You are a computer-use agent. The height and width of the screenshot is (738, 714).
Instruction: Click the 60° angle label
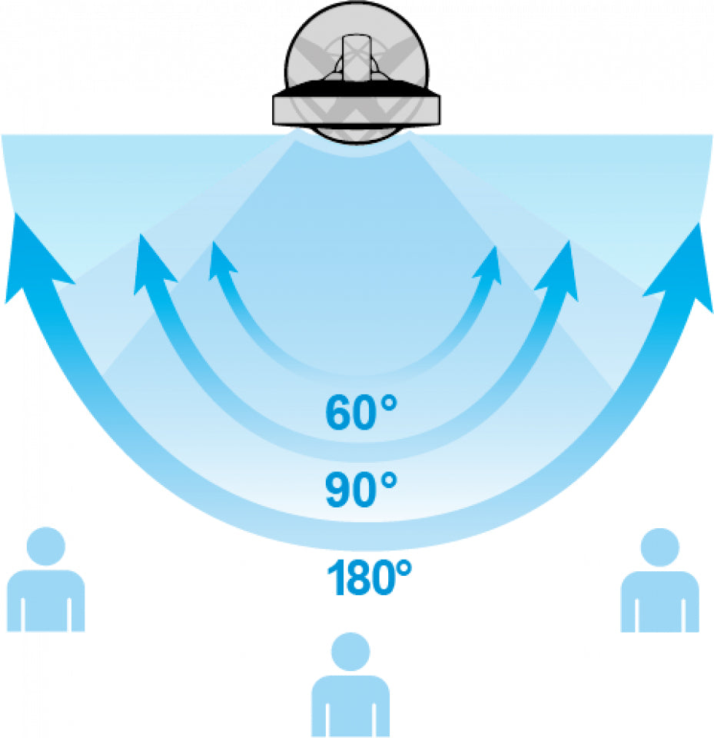click(361, 413)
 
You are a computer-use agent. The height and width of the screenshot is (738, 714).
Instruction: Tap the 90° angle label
click(361, 490)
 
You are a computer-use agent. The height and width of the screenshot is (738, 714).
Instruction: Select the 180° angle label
click(369, 577)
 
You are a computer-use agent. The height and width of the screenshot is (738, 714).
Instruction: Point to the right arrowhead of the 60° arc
click(489, 265)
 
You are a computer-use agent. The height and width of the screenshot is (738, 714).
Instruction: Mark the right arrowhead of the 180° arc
click(682, 266)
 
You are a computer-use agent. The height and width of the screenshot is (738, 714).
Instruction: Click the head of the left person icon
click(45, 546)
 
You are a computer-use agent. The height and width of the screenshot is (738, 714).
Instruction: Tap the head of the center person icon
click(350, 651)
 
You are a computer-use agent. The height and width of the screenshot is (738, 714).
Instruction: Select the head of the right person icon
click(660, 547)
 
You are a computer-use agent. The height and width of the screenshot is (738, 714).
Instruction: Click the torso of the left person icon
click(45, 600)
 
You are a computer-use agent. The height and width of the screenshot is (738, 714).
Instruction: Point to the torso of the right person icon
click(660, 601)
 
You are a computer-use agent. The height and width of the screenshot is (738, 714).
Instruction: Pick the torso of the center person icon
click(350, 706)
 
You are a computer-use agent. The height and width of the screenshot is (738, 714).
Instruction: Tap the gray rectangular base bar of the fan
click(357, 108)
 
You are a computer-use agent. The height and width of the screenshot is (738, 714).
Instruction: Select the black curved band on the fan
click(357, 87)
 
